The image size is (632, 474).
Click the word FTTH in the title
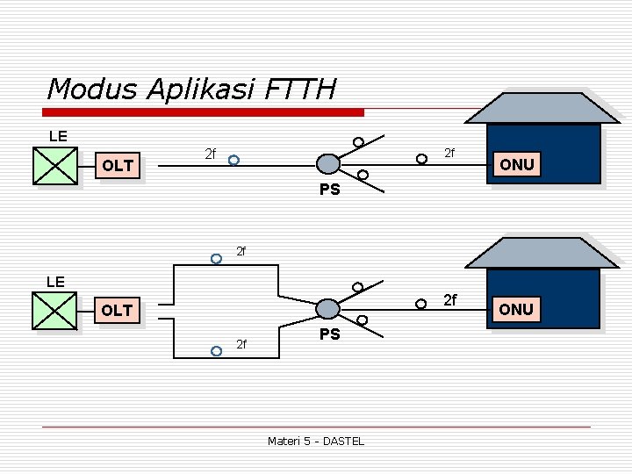click(x=298, y=89)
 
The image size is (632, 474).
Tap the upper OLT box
click(x=118, y=165)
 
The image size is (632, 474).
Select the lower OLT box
click(x=117, y=310)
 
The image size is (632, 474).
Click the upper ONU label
click(x=516, y=164)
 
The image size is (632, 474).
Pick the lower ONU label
click(x=516, y=309)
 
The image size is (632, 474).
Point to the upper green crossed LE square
click(x=55, y=164)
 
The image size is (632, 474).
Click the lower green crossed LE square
click(x=55, y=310)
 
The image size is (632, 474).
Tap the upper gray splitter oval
click(x=327, y=163)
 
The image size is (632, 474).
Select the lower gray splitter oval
click(x=327, y=308)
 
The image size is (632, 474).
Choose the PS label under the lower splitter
click(x=329, y=334)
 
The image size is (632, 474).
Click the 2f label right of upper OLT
click(x=210, y=154)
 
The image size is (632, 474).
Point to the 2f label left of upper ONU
click(x=449, y=154)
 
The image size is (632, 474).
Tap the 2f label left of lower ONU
click(x=449, y=301)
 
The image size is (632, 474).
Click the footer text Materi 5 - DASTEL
click(x=315, y=441)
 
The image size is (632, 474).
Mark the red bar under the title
click(x=204, y=112)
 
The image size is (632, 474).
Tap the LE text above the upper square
click(x=58, y=136)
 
